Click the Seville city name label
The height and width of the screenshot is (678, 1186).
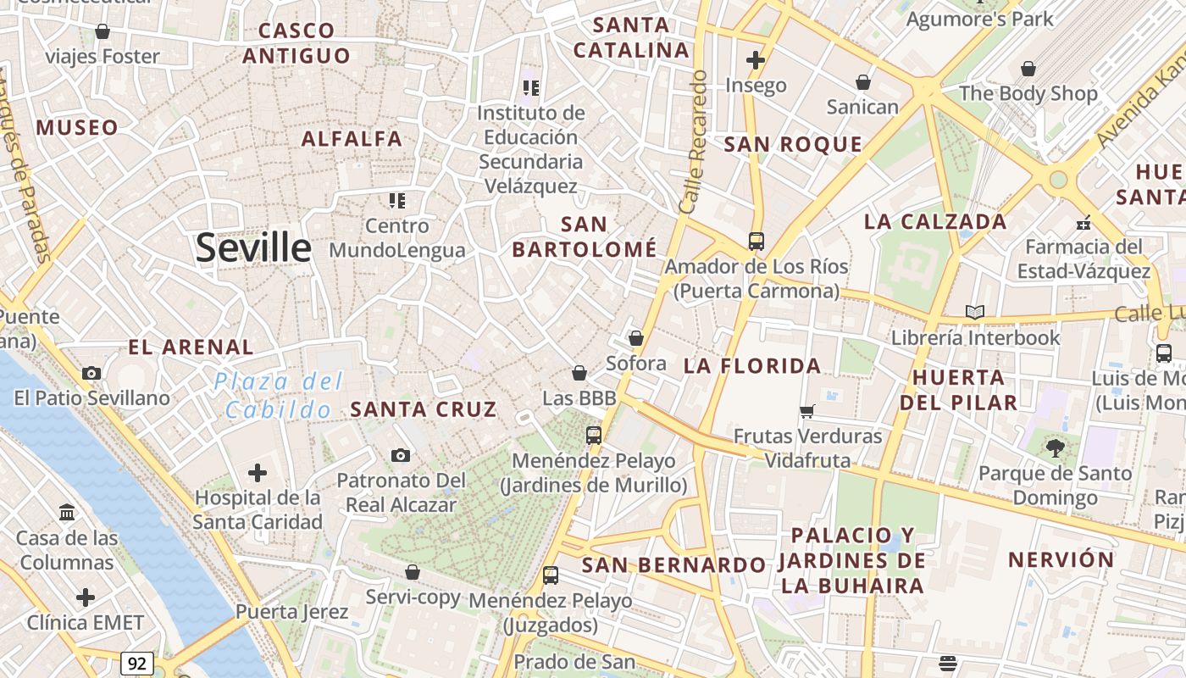tap(253, 247)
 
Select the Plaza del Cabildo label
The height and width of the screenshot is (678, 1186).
tap(279, 396)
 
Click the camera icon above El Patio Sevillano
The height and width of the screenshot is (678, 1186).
tap(91, 373)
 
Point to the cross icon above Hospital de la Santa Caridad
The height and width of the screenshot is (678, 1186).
tap(258, 473)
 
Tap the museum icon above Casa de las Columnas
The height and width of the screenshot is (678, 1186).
tap(67, 513)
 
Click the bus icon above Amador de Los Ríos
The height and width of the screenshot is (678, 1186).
tap(756, 242)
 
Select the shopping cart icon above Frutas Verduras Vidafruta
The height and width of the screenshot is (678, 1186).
tap(807, 411)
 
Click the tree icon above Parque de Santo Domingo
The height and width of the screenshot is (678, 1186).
tap(1055, 447)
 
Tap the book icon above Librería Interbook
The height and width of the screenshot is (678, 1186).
tap(975, 313)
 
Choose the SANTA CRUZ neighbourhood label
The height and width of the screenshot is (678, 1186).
tap(424, 409)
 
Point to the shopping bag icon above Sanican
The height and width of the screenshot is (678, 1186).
tap(862, 82)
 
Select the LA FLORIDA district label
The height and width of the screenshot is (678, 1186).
tap(752, 366)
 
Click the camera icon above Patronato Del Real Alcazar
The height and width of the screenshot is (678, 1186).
tap(401, 456)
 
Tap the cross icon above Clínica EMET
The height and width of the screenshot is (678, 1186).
tap(86, 597)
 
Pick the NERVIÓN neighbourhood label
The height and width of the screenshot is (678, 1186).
tap(1061, 559)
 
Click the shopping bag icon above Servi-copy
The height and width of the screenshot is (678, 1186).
tap(413, 572)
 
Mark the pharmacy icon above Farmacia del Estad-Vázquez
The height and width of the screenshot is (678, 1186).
tap(1083, 222)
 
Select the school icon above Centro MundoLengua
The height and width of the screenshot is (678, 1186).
tap(397, 201)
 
